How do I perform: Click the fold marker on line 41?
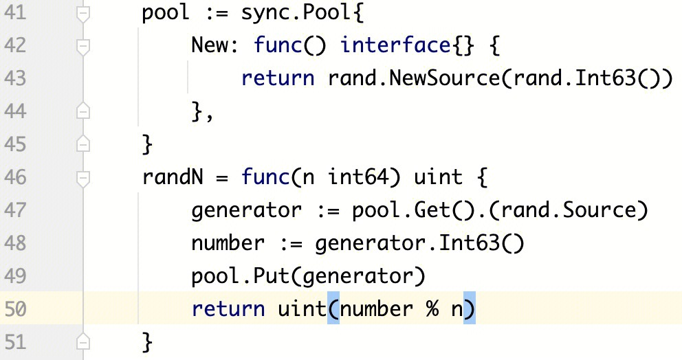tap(84, 14)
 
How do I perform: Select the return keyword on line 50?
tap(228, 308)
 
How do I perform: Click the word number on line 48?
tap(228, 243)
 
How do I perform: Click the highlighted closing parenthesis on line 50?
tap(470, 308)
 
